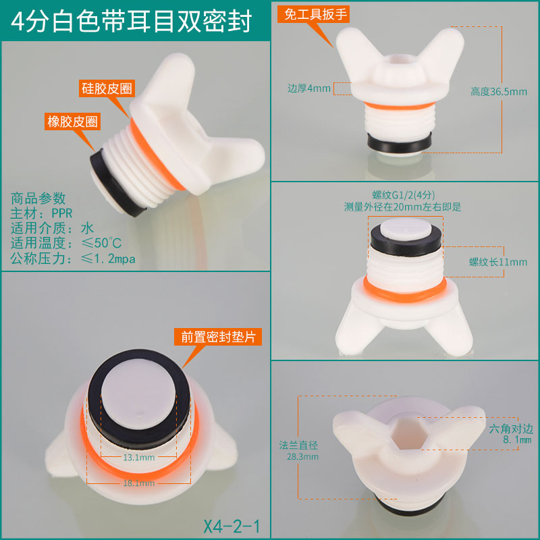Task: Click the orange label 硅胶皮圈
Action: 107,88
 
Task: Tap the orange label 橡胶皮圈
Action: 72,122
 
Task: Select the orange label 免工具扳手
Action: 314,14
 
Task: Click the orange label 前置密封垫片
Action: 218,337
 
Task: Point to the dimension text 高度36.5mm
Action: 499,92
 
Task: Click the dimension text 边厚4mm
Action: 309,88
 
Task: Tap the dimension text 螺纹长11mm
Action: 498,262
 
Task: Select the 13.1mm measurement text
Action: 139,458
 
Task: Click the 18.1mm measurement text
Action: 139,483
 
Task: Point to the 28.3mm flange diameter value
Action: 302,457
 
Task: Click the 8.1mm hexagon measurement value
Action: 517,440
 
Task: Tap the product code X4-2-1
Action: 232,526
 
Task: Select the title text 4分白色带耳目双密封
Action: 131,22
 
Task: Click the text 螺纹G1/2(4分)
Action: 403,195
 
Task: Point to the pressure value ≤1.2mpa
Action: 108,259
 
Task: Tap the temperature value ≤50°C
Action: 101,243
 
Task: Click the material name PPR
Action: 62,213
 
